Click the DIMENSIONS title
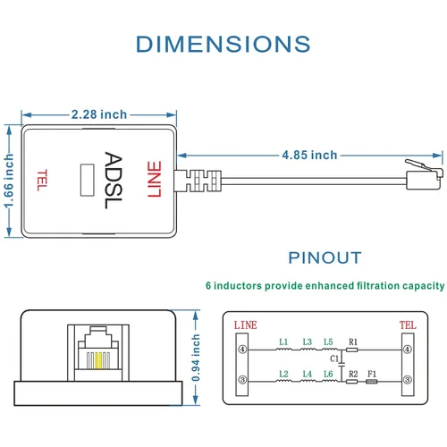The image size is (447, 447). (223, 44)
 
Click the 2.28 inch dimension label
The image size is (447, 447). (99, 114)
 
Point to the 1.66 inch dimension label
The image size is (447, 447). (9, 181)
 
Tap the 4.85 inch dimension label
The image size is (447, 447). (309, 155)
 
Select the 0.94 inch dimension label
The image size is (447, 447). (196, 358)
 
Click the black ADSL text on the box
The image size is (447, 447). (114, 180)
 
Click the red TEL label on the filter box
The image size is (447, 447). (42, 180)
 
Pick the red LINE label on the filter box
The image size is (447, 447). (155, 179)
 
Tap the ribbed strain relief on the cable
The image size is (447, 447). (204, 181)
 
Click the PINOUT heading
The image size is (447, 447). (325, 257)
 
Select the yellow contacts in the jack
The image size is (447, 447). (98, 360)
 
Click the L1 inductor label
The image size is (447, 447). (283, 342)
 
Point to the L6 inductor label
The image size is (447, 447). (328, 374)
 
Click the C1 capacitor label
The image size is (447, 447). (334, 358)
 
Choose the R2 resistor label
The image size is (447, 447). (353, 374)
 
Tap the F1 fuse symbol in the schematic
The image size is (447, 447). (372, 382)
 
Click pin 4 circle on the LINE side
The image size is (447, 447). (243, 350)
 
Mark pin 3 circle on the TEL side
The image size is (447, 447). (408, 380)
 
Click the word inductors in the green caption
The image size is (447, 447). (238, 286)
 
